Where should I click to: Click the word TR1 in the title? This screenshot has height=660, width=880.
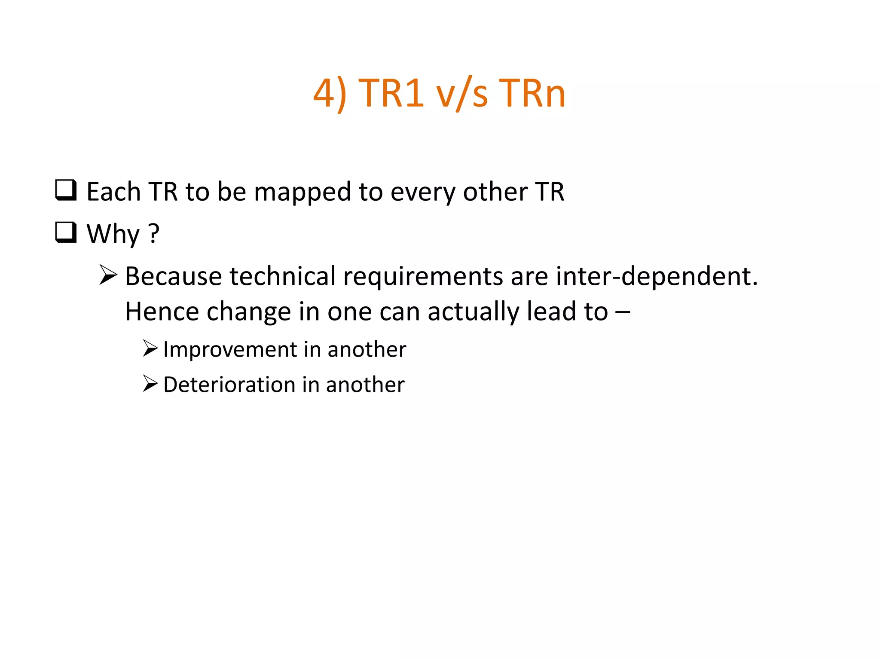[x=391, y=93]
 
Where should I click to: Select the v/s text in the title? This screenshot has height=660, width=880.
[x=462, y=93]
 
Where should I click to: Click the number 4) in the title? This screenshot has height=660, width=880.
[x=330, y=93]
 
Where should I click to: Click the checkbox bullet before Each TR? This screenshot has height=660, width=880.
[x=66, y=190]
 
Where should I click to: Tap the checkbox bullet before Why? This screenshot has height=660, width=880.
[x=66, y=232]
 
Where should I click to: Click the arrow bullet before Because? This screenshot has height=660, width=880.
[x=108, y=275]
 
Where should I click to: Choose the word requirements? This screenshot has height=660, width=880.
[x=423, y=277]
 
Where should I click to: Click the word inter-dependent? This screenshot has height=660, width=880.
[x=657, y=276]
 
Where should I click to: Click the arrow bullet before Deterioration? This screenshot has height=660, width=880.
[x=150, y=383]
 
